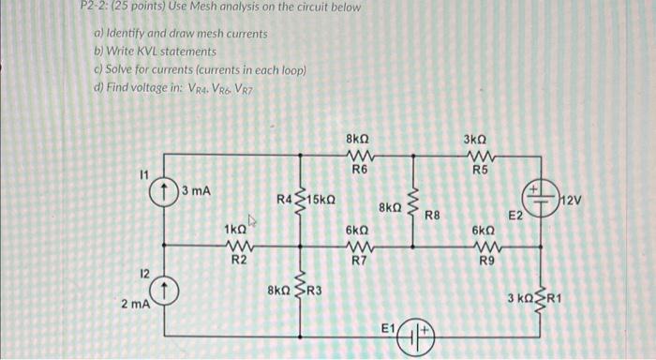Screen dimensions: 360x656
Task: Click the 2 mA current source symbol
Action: [x=166, y=292]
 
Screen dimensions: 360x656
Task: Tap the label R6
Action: [x=360, y=170]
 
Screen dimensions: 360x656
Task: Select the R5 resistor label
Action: [x=480, y=170]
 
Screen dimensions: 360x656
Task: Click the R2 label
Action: [x=239, y=260]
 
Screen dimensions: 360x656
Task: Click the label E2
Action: [x=515, y=216]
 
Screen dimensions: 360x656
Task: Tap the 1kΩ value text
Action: [x=235, y=229]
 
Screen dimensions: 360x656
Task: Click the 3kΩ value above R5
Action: [x=477, y=139]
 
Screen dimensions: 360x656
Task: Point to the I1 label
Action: [x=143, y=173]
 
